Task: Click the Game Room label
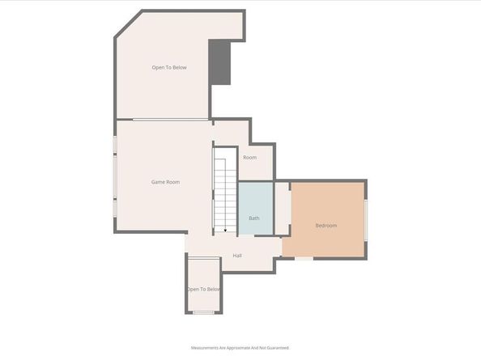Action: pyautogui.click(x=166, y=182)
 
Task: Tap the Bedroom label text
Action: pyautogui.click(x=326, y=225)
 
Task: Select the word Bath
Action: pyautogui.click(x=253, y=218)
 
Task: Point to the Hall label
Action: pyautogui.click(x=237, y=256)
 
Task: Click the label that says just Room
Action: pyautogui.click(x=249, y=157)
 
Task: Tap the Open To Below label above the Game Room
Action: pyautogui.click(x=169, y=67)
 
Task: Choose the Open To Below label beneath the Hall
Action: pyautogui.click(x=203, y=289)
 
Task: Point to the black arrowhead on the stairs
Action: pyautogui.click(x=226, y=230)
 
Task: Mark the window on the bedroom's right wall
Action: pyautogui.click(x=367, y=218)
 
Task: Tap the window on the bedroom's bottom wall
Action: pyautogui.click(x=304, y=259)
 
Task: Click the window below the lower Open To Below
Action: pyautogui.click(x=203, y=311)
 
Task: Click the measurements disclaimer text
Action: pyautogui.click(x=240, y=348)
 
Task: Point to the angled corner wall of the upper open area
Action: pyautogui.click(x=128, y=25)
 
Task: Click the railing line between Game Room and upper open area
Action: pyautogui.click(x=170, y=121)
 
